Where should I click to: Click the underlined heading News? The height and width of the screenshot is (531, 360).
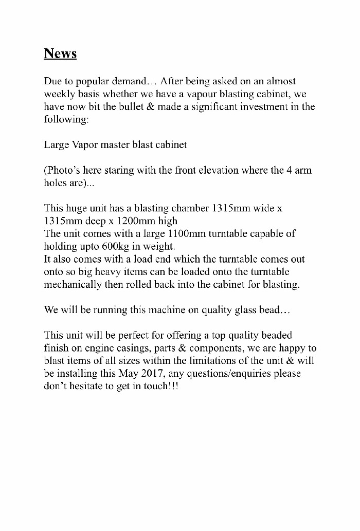tap(60, 53)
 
